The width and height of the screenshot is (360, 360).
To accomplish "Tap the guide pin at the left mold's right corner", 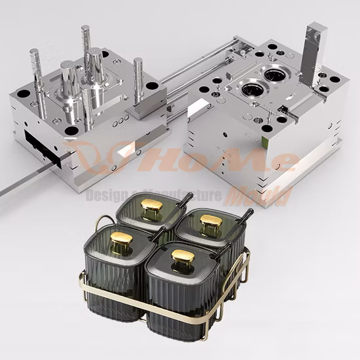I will click(138, 79).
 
